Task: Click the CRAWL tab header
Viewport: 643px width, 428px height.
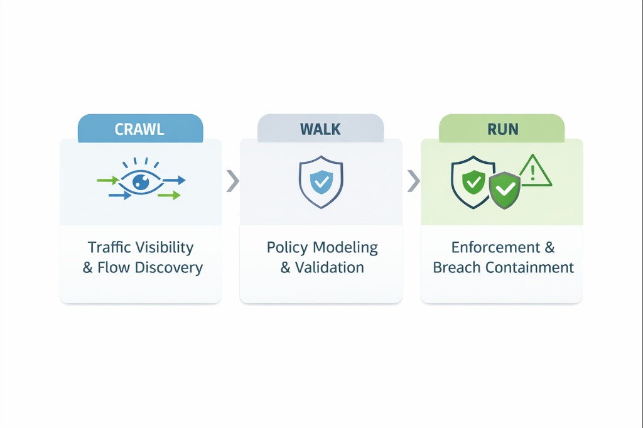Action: click(x=140, y=129)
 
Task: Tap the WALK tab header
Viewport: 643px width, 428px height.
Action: click(x=320, y=129)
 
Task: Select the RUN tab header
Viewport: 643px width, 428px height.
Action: click(x=502, y=129)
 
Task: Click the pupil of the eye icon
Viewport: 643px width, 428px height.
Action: click(x=141, y=183)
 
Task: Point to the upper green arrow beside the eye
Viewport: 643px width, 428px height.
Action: click(x=107, y=181)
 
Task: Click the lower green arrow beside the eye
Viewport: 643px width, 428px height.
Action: click(x=169, y=196)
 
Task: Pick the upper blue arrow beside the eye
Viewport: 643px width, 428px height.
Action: click(x=175, y=181)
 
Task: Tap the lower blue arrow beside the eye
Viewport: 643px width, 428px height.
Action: click(x=120, y=196)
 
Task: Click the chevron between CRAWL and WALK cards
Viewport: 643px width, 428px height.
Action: click(x=232, y=181)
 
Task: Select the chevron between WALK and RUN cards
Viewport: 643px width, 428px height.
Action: click(x=413, y=181)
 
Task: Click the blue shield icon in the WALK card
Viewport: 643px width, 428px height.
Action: click(x=321, y=182)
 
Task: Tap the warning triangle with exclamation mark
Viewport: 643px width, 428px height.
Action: click(x=534, y=171)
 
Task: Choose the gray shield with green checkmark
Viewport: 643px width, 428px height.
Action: click(x=505, y=189)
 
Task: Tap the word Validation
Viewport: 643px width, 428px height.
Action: click(x=330, y=268)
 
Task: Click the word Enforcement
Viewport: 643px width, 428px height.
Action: click(x=490, y=247)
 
